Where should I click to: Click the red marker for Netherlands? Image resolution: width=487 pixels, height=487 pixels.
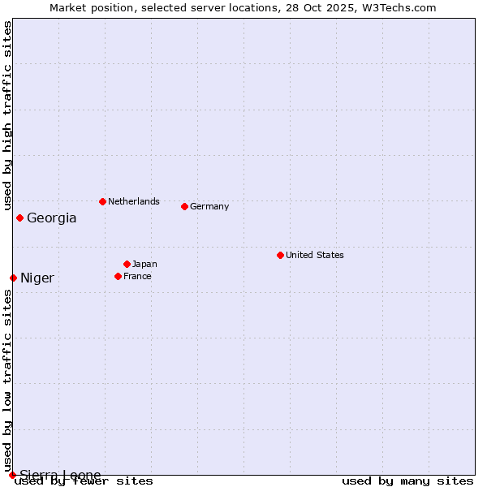click(x=102, y=201)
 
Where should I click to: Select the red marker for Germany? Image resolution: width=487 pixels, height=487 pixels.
click(x=184, y=206)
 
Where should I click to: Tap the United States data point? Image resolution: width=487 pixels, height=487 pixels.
click(x=280, y=255)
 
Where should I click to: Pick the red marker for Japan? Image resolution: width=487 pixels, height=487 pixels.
click(x=127, y=264)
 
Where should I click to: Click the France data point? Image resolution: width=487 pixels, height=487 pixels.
click(x=118, y=276)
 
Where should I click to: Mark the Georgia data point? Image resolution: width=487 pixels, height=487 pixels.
click(x=19, y=218)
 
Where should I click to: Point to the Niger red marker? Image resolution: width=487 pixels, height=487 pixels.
click(x=13, y=278)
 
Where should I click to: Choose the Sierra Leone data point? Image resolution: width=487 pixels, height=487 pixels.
click(x=12, y=475)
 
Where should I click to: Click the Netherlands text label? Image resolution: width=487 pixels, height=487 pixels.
click(x=134, y=201)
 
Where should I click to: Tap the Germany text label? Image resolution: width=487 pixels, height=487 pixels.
click(x=209, y=206)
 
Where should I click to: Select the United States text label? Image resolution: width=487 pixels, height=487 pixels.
click(x=315, y=255)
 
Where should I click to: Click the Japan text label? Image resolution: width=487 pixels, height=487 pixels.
click(x=144, y=264)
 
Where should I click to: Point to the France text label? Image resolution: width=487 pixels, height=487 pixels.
click(x=137, y=276)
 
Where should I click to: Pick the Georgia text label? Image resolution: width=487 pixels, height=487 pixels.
click(x=52, y=218)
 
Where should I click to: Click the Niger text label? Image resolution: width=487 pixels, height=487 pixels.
click(x=37, y=278)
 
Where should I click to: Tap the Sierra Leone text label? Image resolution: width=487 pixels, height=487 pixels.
click(x=61, y=475)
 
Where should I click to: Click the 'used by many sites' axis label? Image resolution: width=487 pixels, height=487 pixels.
click(x=407, y=481)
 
